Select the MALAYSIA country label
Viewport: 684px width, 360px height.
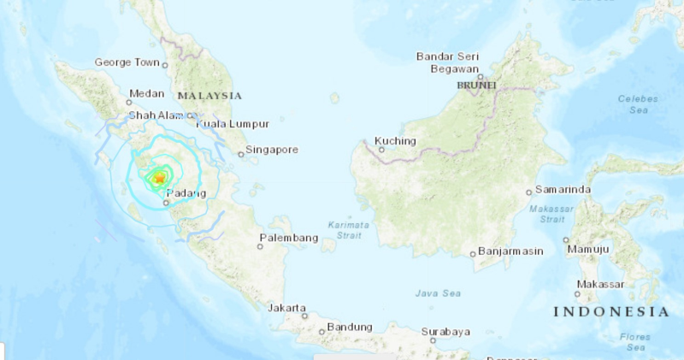click(209, 96)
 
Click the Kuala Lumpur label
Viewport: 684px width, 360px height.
click(233, 124)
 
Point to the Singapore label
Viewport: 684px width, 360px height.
click(272, 150)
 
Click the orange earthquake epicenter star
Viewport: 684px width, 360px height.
click(158, 178)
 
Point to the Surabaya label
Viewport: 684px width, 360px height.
click(445, 332)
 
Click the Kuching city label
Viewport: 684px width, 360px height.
click(396, 141)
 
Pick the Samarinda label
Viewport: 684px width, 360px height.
click(564, 189)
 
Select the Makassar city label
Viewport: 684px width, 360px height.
click(600, 284)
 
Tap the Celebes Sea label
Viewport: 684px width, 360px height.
click(639, 104)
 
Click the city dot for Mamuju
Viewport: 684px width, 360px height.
click(566, 241)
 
